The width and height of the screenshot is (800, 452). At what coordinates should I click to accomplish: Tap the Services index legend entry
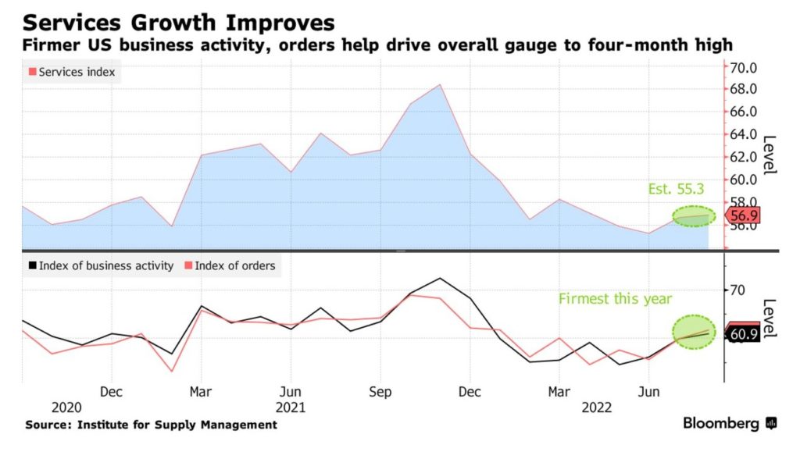pyautogui.click(x=71, y=72)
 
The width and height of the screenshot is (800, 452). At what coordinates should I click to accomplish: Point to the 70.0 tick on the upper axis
pyautogui.click(x=744, y=67)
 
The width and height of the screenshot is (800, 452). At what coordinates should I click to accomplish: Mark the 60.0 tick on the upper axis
pyautogui.click(x=744, y=180)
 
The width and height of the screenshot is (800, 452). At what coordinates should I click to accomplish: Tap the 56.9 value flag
pyautogui.click(x=743, y=215)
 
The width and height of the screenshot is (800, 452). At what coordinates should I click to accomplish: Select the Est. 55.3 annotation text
pyautogui.click(x=676, y=189)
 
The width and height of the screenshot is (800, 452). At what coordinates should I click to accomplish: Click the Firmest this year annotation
pyautogui.click(x=615, y=299)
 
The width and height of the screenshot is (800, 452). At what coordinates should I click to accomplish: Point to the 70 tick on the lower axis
pyautogui.click(x=737, y=290)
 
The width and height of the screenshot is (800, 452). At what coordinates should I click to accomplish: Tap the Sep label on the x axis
pyautogui.click(x=380, y=390)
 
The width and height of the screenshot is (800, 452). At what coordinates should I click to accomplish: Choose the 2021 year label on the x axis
pyautogui.click(x=291, y=407)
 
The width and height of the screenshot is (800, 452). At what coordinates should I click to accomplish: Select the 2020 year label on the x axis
pyautogui.click(x=66, y=407)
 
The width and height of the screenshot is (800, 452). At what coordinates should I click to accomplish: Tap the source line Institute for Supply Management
pyautogui.click(x=150, y=425)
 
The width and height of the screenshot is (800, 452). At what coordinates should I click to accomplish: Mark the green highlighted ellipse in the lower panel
pyautogui.click(x=694, y=332)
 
